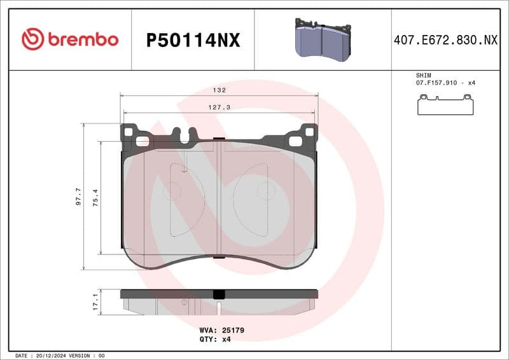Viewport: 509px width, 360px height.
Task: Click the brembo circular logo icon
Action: [32, 39]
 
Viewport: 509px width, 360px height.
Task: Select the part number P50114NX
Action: [193, 41]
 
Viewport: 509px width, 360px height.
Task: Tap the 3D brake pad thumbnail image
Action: [322, 39]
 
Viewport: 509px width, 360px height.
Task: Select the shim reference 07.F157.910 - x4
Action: [445, 83]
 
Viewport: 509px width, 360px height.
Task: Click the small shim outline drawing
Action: [445, 105]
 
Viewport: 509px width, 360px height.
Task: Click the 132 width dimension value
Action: [219, 90]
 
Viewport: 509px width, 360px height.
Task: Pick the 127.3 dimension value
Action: [219, 107]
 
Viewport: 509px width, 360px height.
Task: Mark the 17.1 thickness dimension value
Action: [95, 301]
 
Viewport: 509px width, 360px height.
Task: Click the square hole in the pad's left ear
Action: [130, 132]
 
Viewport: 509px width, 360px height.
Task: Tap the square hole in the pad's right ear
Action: [309, 132]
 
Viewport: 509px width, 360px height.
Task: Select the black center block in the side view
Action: [219, 294]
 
